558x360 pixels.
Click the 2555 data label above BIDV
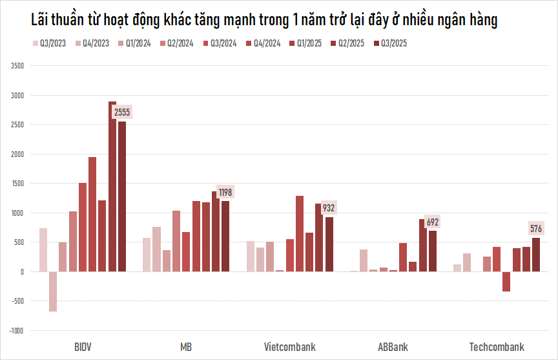coord(122,112)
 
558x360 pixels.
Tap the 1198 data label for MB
coord(225,192)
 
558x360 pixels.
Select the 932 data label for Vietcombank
coord(329,208)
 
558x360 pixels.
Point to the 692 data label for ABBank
coord(433,222)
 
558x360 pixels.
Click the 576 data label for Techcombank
coord(536,228)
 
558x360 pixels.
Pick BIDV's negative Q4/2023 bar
coord(53,291)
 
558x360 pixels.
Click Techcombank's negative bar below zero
coord(506,282)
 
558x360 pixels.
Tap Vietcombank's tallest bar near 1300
coord(300,233)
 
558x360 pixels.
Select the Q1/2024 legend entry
coord(136,44)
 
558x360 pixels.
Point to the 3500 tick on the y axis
coord(17,66)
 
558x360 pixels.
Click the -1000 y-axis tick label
coord(16,330)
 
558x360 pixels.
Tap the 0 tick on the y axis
coord(22,271)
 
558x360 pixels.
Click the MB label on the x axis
coord(186,347)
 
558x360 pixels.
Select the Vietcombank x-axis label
coord(290,347)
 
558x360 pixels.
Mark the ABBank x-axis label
coord(393,347)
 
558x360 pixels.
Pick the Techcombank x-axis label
coord(497,347)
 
